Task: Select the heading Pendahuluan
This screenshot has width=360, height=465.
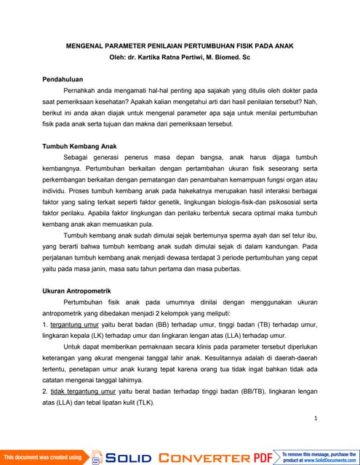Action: coord(65,77)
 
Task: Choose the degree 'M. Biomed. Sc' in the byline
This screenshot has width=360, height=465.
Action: coord(234,56)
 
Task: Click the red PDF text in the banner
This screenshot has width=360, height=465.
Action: coord(263,457)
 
